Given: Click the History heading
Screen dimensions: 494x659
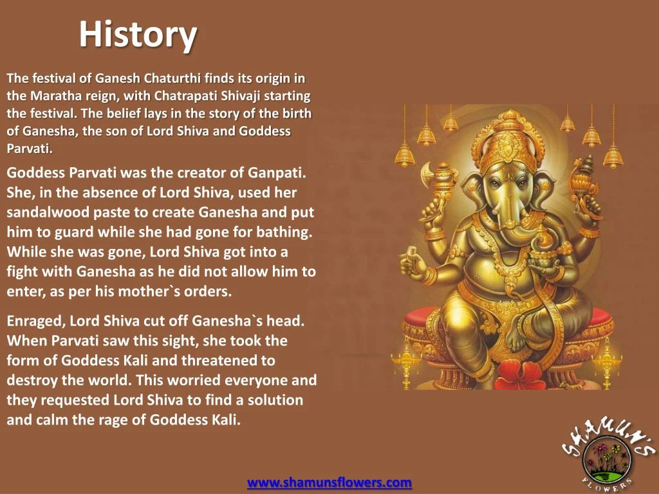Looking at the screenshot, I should [x=138, y=35].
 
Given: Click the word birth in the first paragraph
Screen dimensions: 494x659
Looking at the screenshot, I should [x=298, y=114].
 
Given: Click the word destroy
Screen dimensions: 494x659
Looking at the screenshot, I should [x=29, y=380].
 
